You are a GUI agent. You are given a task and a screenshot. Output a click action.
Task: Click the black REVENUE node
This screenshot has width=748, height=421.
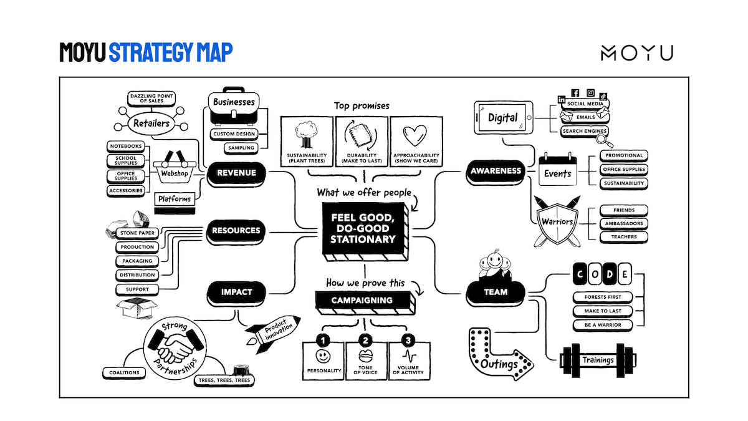(237, 173)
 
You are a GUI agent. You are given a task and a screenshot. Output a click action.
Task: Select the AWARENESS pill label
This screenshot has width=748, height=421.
(496, 171)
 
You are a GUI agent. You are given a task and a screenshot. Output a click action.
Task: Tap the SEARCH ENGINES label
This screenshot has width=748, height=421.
(584, 131)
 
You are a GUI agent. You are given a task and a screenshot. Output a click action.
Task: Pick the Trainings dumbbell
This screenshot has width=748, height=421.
(597, 360)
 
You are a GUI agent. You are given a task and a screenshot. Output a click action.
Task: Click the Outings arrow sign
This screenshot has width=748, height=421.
(498, 354)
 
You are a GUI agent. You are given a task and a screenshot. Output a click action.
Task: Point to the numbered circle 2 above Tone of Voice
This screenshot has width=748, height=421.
(366, 341)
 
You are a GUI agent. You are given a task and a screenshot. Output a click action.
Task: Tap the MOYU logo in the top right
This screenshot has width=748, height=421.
(636, 53)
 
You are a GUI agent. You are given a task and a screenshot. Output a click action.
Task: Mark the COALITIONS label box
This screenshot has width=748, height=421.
(124, 372)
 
